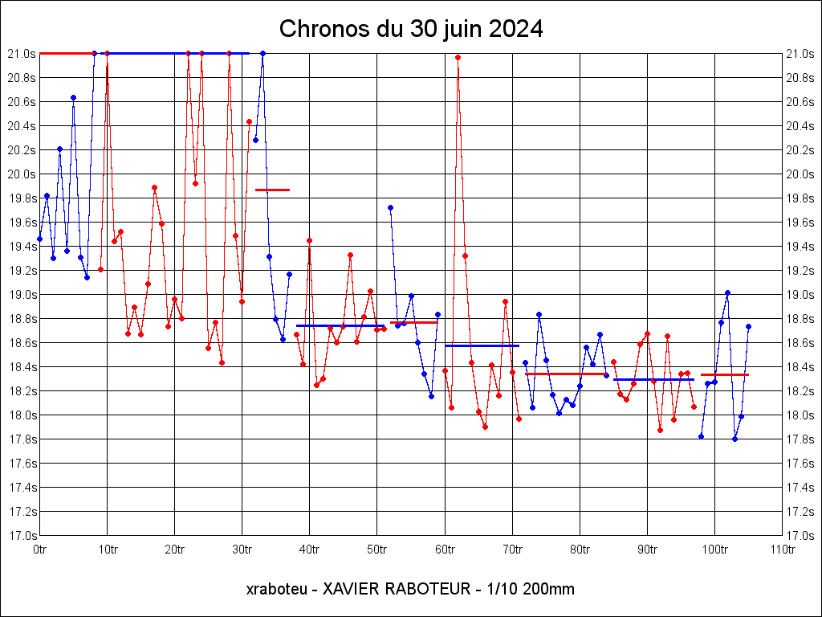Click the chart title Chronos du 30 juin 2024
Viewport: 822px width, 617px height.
[x=411, y=30]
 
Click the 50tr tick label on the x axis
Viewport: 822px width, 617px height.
[x=377, y=550]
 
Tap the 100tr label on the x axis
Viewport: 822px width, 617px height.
[x=714, y=550]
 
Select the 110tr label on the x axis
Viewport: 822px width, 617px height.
[x=782, y=550]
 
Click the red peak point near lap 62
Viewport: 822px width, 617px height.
[x=458, y=57]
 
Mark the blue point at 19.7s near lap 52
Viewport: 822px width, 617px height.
[x=390, y=207]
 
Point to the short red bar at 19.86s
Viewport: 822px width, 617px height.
[x=272, y=190]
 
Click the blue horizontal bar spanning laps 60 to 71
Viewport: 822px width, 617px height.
[x=482, y=345]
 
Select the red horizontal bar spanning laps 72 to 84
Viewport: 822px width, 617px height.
[x=565, y=374]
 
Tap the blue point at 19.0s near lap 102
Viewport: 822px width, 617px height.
[x=727, y=292]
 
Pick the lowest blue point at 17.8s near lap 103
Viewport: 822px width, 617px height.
[x=735, y=439]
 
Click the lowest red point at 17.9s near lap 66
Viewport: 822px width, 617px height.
[x=485, y=427]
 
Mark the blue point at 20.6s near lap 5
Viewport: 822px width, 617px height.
[x=73, y=97]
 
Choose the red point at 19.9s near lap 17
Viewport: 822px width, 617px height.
[x=154, y=187]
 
